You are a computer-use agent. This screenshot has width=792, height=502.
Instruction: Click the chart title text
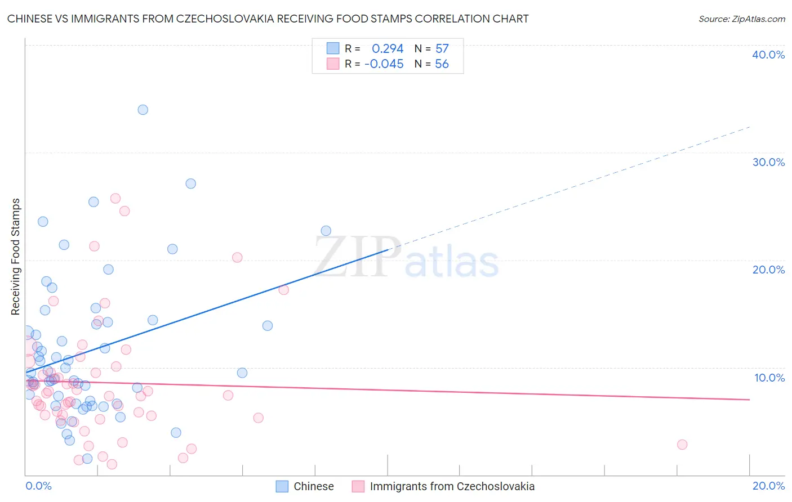tap(268, 19)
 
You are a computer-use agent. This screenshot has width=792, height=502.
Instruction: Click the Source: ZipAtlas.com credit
tap(741, 19)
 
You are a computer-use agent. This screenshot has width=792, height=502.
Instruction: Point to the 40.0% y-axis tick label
tap(768, 55)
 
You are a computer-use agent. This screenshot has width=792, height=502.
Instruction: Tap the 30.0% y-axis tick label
tap(768, 162)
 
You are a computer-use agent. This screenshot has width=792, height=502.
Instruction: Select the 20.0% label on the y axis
tap(768, 270)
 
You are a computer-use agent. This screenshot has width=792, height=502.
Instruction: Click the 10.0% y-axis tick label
tap(769, 378)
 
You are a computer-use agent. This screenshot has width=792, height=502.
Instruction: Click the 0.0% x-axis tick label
tap(38, 486)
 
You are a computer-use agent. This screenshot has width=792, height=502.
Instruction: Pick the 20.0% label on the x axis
tap(768, 486)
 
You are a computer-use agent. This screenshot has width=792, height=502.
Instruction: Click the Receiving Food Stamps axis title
tap(15, 257)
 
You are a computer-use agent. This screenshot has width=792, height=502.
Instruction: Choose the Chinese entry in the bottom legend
tap(313, 486)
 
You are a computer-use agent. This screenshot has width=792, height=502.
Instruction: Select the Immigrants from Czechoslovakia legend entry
tap(452, 486)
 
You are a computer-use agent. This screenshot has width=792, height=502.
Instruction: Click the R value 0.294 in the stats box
tap(388, 49)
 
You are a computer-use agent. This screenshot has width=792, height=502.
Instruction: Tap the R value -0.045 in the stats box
tap(384, 64)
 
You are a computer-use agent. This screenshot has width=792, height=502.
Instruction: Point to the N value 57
tap(442, 49)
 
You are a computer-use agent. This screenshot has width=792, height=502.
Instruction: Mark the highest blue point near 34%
tap(143, 110)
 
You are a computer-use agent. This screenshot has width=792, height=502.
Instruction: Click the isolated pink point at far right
tap(682, 445)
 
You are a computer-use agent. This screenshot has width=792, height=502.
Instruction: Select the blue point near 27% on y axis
tap(191, 183)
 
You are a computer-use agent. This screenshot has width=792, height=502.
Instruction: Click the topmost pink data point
tap(115, 198)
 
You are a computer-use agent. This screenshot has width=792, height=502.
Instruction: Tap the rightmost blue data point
tap(326, 231)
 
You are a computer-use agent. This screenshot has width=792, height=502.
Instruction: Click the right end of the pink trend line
tap(749, 400)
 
